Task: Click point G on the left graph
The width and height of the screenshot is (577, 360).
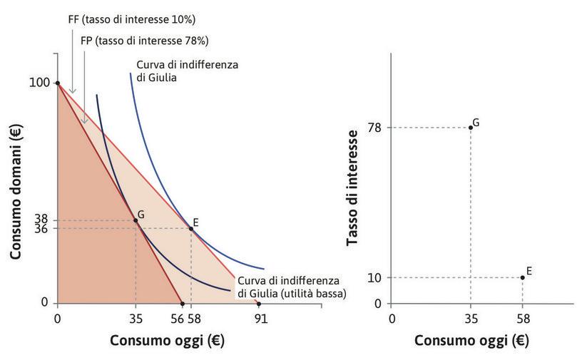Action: point(136,220)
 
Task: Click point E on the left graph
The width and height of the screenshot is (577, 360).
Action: point(190,229)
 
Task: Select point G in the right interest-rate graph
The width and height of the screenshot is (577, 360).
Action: point(470,128)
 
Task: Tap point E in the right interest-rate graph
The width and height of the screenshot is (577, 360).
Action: point(522,277)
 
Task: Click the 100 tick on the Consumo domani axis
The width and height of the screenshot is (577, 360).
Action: point(40,83)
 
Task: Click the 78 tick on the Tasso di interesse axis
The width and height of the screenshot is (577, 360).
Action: point(375,128)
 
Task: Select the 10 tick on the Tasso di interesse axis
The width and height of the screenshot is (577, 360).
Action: point(375,277)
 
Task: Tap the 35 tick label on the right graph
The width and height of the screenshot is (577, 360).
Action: point(470,318)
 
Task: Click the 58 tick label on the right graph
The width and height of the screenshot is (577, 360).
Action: point(522,318)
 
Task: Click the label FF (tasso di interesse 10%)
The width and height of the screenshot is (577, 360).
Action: point(121,19)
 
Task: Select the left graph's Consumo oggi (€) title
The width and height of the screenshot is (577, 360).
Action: point(167,340)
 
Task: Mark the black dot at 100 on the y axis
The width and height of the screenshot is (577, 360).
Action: point(57,83)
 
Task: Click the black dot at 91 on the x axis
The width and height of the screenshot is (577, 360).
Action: point(258,304)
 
